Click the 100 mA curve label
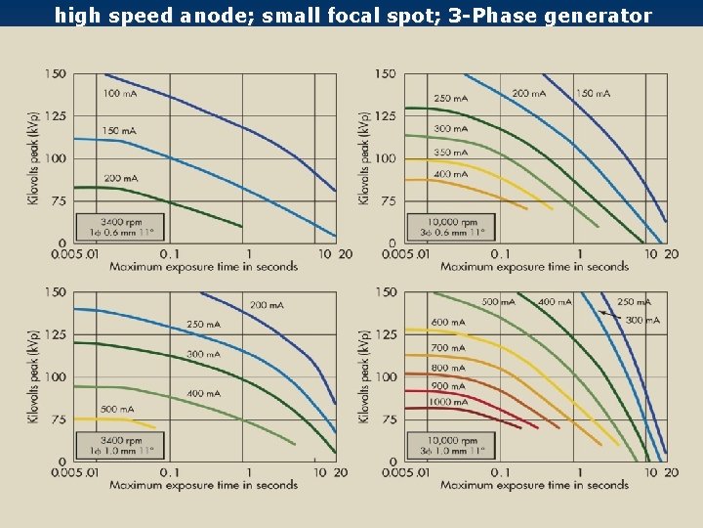119,94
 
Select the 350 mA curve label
450,153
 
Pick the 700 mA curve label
448,348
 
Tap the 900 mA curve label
448,386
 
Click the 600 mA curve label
448,323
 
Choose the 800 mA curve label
448,368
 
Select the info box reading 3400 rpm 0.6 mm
120,227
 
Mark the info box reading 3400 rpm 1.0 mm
120,445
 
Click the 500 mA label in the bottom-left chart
117,410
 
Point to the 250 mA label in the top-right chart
450,99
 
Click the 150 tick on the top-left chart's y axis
56,74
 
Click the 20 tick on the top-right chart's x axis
671,254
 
